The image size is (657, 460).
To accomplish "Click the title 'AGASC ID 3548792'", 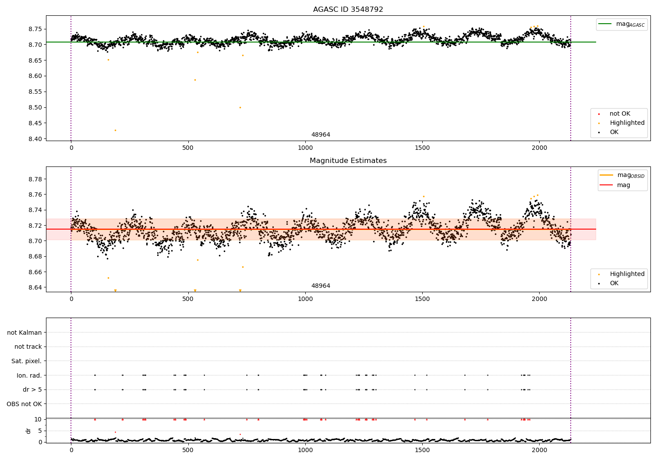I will pos(348,10).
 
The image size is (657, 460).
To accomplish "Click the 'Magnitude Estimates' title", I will pos(348,161).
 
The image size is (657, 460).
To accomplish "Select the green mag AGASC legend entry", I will pos(622,24).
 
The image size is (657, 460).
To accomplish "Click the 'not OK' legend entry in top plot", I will pos(619,114).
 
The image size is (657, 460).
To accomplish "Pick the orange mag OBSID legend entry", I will pos(622,175).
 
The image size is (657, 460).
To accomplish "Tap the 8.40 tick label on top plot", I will pos(35,139).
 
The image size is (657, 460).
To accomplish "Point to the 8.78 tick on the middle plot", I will pos(35,179).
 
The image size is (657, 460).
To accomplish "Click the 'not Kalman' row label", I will pos(25,333).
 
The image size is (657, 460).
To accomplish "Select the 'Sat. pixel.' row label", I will pos(27,361).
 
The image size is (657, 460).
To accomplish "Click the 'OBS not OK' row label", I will pos(25,404).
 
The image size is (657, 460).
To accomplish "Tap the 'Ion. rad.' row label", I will pos(29,375).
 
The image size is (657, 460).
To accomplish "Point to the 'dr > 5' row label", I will pos(32,389).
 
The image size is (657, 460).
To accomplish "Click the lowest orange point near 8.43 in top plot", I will pos(115,130).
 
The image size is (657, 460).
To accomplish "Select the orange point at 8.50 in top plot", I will pos(240,107).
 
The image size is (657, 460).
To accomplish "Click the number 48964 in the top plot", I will pos(321,135).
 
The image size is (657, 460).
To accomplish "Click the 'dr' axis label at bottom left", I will pos(28,431).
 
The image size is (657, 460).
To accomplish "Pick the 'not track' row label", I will pos(28,347).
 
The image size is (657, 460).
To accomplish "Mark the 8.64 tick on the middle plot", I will pos(35,287).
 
